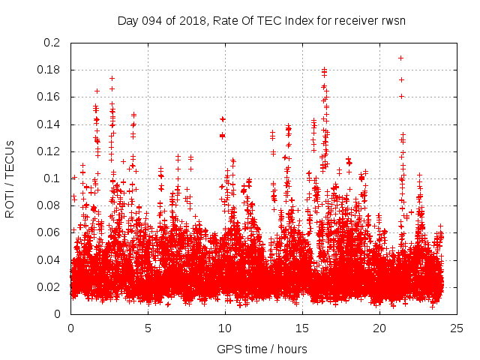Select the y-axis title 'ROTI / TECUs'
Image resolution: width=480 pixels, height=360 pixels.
coord(10,178)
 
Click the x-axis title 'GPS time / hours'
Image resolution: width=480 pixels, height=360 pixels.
coord(262,349)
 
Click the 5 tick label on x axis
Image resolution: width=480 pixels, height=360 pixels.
coord(148,328)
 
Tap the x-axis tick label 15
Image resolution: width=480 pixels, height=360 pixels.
coord(302,328)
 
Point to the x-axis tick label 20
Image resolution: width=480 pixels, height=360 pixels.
coord(379,328)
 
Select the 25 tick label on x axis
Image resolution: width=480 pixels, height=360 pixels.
coord(457,328)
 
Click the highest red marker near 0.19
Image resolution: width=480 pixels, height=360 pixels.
coord(401,58)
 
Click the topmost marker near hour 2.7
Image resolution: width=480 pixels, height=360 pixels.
coord(112,78)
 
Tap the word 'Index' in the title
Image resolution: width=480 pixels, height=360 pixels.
coord(296,20)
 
